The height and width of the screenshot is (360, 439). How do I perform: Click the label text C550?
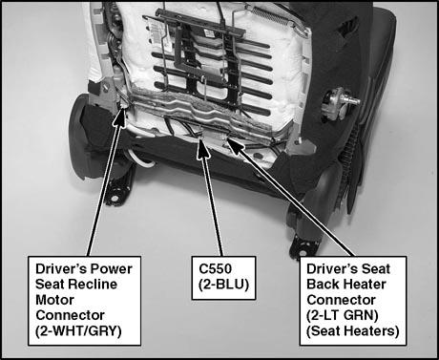tap(215, 269)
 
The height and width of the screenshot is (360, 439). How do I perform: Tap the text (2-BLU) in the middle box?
tap(223, 285)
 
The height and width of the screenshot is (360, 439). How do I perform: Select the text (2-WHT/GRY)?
tap(78, 331)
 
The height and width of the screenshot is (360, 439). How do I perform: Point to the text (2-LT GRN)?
tap(343, 315)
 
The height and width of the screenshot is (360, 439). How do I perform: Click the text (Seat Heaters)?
tap(352, 331)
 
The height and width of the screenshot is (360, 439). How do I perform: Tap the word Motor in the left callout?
tap(54, 300)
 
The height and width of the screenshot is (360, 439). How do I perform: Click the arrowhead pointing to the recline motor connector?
tap(121, 117)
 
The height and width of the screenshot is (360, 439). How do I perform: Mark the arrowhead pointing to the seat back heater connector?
tap(235, 145)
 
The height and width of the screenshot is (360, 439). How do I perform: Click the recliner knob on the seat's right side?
tap(341, 103)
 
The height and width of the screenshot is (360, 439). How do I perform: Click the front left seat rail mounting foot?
tap(116, 191)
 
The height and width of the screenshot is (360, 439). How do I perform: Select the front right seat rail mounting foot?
tap(303, 245)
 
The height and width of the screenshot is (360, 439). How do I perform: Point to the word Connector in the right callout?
tap(341, 300)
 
